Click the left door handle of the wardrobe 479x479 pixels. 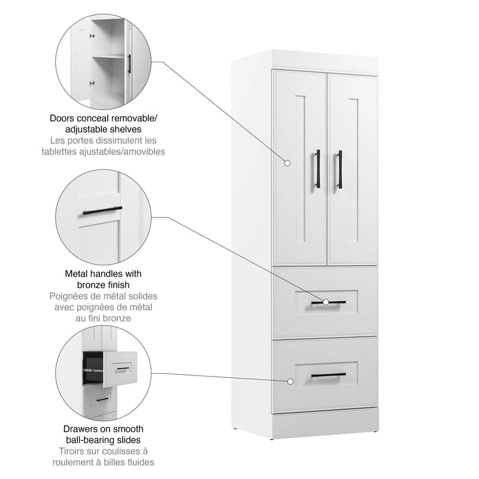point(318,168)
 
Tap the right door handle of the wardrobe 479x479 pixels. point(339,169)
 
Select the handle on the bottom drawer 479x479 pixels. point(328,375)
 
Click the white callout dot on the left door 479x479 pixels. point(287,162)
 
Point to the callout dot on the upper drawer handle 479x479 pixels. point(326,302)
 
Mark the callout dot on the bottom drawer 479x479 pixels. point(290,381)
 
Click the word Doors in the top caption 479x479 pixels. point(62,117)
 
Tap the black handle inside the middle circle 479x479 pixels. point(102,211)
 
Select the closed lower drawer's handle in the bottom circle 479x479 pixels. point(102,399)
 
